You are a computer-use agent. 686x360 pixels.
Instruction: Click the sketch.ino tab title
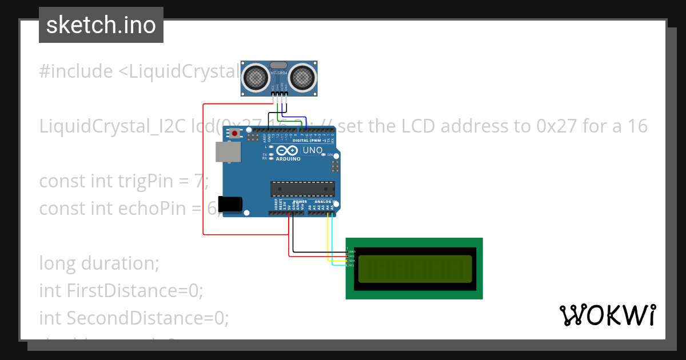pos(101,25)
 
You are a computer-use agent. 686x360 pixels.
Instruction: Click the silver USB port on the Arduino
pos(228,151)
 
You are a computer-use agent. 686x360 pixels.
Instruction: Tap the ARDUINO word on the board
pos(288,159)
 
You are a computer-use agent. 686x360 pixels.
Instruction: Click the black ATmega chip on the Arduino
pos(302,189)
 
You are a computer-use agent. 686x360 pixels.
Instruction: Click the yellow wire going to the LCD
pos(328,240)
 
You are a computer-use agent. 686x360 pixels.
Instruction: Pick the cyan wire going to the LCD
pos(332,240)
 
